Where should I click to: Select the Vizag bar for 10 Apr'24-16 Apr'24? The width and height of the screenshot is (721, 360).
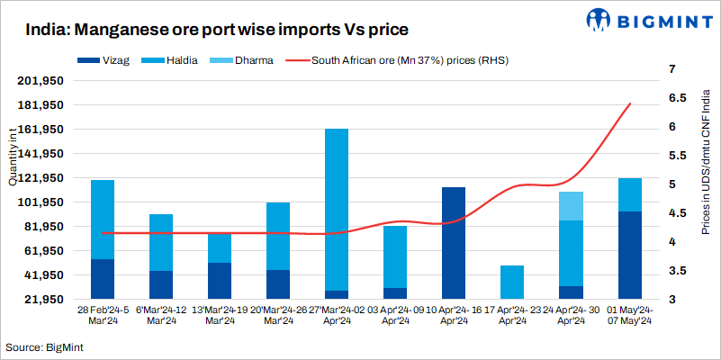(x=454, y=243)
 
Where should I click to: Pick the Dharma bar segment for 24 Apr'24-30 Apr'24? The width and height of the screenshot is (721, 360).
(x=571, y=205)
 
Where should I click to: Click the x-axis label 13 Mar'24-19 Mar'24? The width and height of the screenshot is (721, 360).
(x=219, y=314)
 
